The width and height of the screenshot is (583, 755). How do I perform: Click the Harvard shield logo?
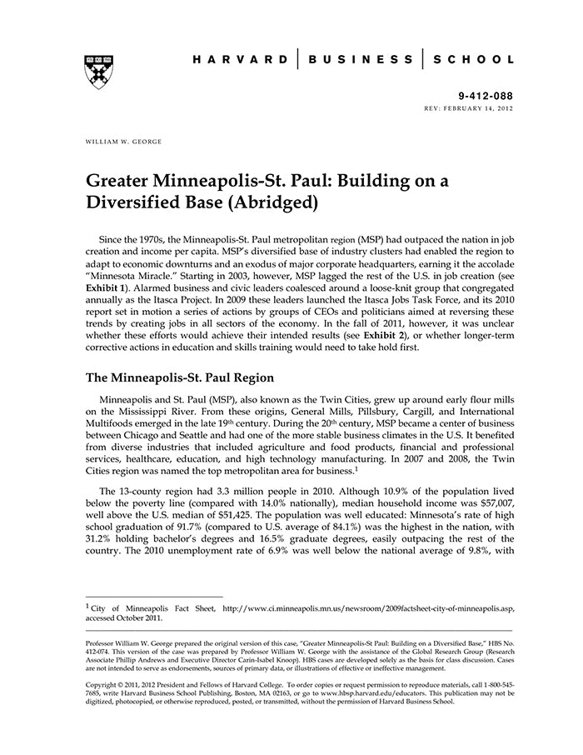pos(99,71)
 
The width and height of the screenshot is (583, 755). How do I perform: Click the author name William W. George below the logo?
pos(124,142)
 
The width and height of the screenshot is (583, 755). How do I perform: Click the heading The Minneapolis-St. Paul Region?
pos(181,377)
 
